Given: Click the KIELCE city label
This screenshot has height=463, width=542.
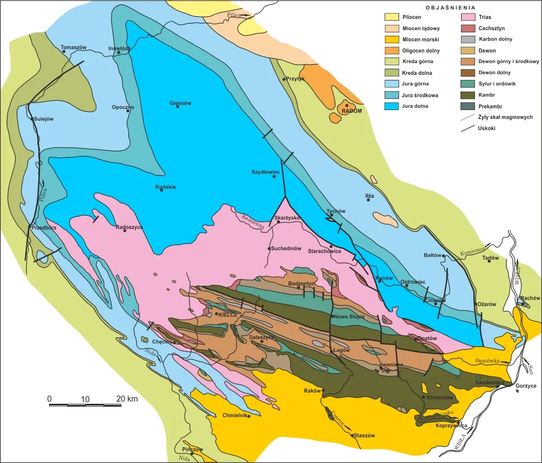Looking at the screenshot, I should coord(228,314).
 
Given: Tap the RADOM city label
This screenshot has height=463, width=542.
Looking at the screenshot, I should coord(352,111).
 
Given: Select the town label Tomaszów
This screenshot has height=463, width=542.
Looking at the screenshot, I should coord(74,47).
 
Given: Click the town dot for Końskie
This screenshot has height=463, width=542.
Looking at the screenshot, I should coord(161,190).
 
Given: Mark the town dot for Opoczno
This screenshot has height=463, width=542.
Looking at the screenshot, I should coord(128,111).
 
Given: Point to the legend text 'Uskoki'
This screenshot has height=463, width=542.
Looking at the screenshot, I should coord(487,128).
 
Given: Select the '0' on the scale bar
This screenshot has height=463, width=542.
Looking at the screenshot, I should coord(49,399).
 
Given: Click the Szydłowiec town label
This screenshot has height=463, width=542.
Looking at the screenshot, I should coord(265,172).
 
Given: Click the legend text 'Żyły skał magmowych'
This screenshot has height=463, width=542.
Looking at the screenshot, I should coord(506,117).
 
